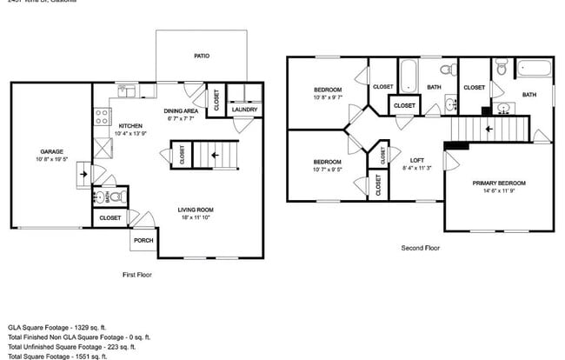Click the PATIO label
201,56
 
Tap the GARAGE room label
50,151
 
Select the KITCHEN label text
130,126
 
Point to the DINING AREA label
182,111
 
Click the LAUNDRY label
244,110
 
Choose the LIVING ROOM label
196,210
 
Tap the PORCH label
143,240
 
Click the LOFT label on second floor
416,161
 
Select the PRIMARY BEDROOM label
499,183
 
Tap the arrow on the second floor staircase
489,129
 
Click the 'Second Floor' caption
420,248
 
